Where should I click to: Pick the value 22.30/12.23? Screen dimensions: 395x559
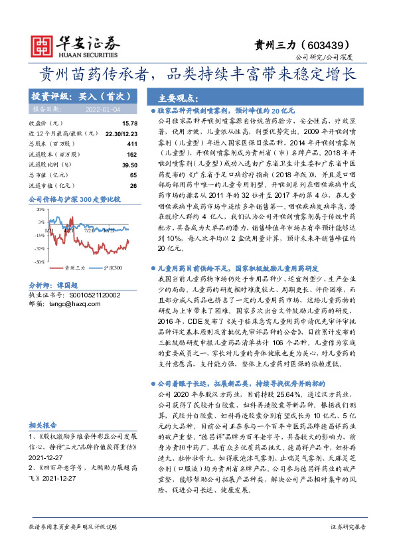coord(118,133)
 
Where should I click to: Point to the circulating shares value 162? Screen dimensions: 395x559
coord(131,153)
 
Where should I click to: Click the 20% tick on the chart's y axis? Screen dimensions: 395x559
coord(40,209)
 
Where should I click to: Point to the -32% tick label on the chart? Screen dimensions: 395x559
coord(40,248)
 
